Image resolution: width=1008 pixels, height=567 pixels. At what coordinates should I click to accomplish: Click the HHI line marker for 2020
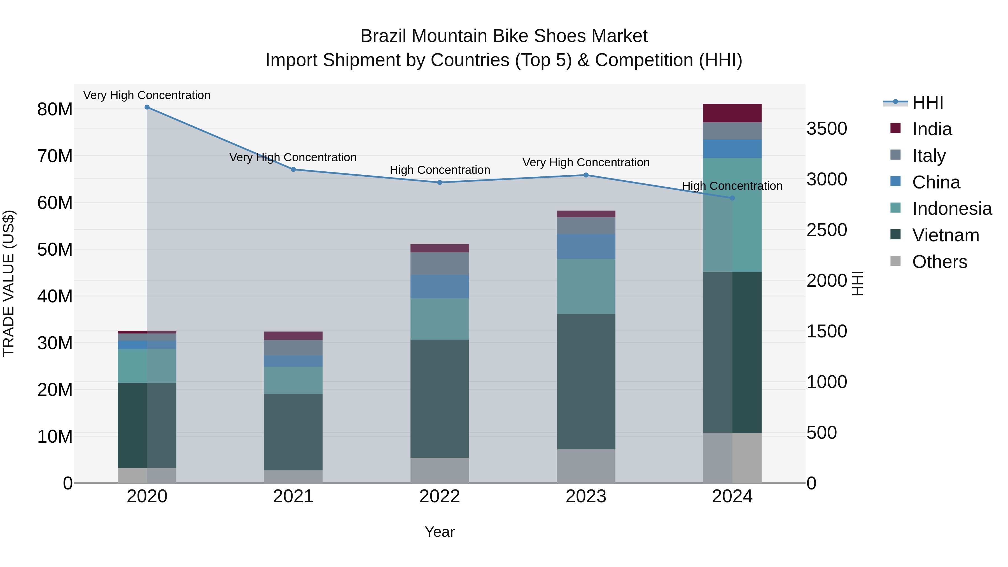[x=147, y=107]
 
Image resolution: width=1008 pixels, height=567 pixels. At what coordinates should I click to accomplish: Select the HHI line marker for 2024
[x=732, y=198]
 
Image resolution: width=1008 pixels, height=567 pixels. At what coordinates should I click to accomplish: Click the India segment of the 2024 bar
[x=732, y=113]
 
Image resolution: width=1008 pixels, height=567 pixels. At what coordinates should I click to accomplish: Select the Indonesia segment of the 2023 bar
[x=586, y=286]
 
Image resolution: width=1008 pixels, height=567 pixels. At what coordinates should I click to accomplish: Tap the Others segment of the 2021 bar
[x=293, y=476]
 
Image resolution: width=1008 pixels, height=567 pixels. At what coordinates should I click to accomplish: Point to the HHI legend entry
[x=927, y=102]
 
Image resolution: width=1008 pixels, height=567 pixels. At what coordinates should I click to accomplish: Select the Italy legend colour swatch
[x=895, y=155]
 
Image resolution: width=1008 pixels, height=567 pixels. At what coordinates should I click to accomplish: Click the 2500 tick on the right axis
[x=827, y=230]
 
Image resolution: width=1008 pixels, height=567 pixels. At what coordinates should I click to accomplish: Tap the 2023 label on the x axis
[x=586, y=496]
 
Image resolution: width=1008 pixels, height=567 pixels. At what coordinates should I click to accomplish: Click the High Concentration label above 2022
[x=440, y=170]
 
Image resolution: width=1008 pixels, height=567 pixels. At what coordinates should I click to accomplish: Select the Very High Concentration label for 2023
[x=586, y=162]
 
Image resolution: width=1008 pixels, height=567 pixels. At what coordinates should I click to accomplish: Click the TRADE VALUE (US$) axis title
[x=9, y=283]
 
